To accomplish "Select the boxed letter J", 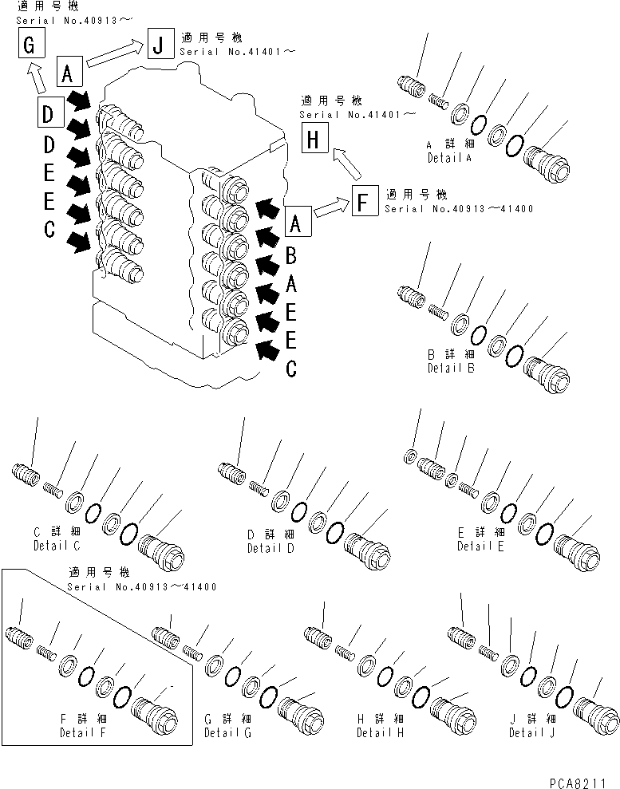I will click(158, 44).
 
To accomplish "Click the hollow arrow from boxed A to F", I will click(331, 210).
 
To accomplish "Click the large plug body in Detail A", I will click(547, 164).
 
